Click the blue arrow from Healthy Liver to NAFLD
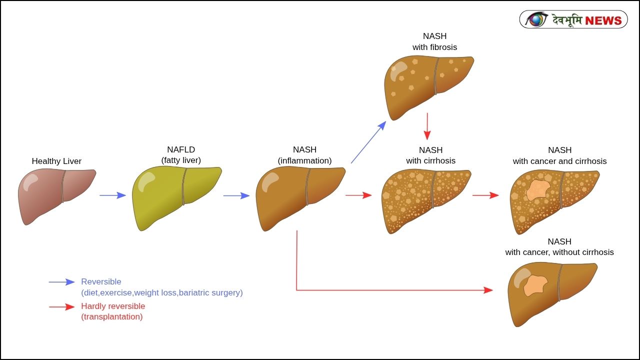tap(112, 195)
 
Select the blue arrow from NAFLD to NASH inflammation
tap(236, 195)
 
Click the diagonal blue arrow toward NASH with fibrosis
tap(368, 142)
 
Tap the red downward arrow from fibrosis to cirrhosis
tap(427, 126)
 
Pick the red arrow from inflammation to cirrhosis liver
tap(358, 195)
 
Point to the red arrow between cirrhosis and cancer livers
tap(485, 195)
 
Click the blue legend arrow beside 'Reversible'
tap(61, 282)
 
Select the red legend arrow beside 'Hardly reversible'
tap(61, 307)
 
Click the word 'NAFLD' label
tap(181, 149)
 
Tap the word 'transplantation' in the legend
tap(111, 317)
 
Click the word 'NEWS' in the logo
tap(603, 20)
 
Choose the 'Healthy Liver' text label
tap(56, 161)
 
